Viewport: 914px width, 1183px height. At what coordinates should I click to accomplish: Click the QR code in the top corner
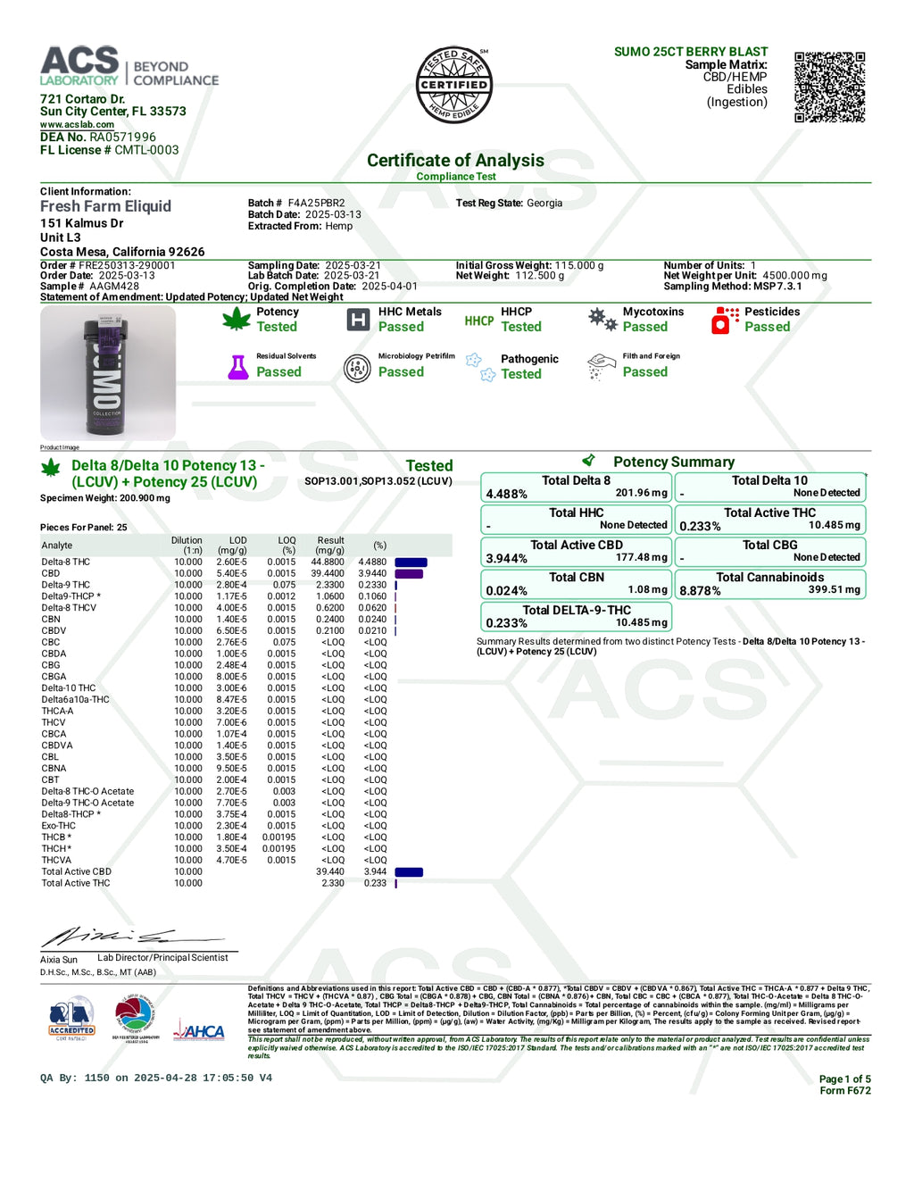[829, 87]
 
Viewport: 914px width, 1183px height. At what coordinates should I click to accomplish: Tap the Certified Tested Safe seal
[454, 85]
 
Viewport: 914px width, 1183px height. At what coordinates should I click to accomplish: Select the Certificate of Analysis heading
[455, 161]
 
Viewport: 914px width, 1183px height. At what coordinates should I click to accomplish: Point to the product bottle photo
[108, 373]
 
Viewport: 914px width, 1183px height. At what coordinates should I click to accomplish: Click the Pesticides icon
[726, 320]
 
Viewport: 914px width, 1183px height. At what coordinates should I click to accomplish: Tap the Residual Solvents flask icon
[238, 367]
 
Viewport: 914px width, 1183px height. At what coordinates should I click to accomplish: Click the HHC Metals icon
[358, 320]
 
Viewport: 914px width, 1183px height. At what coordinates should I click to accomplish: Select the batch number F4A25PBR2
[316, 204]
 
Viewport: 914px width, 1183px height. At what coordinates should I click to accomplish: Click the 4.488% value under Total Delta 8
[507, 494]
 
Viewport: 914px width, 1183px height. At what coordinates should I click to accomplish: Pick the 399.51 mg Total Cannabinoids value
[835, 590]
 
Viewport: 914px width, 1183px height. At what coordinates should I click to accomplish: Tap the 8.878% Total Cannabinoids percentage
[701, 591]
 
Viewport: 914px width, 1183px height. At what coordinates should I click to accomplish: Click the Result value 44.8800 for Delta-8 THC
[328, 562]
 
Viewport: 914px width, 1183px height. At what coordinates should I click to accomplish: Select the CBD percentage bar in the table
[409, 574]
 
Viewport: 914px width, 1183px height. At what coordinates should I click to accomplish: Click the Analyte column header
[57, 546]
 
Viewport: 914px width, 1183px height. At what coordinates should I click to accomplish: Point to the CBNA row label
[54, 769]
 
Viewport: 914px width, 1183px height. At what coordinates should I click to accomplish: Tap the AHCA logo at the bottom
[200, 1032]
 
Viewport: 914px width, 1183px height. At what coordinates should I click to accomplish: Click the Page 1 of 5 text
[844, 1079]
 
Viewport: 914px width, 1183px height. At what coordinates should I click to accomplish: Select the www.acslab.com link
[77, 125]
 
